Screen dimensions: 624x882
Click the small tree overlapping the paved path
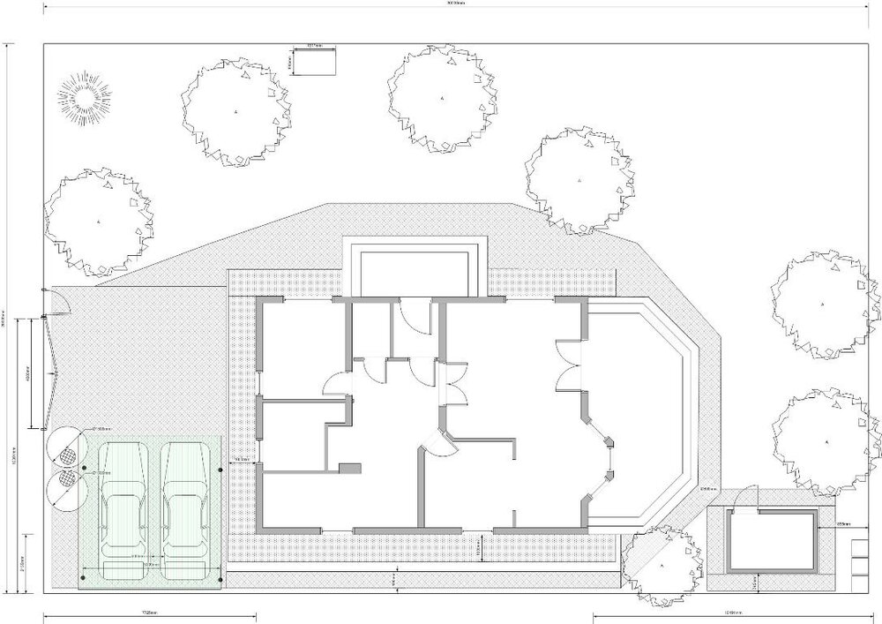coord(661,563)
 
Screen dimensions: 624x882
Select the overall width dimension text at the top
coord(456,4)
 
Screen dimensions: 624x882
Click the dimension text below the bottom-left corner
coord(150,612)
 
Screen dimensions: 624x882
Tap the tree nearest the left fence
coord(99,220)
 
